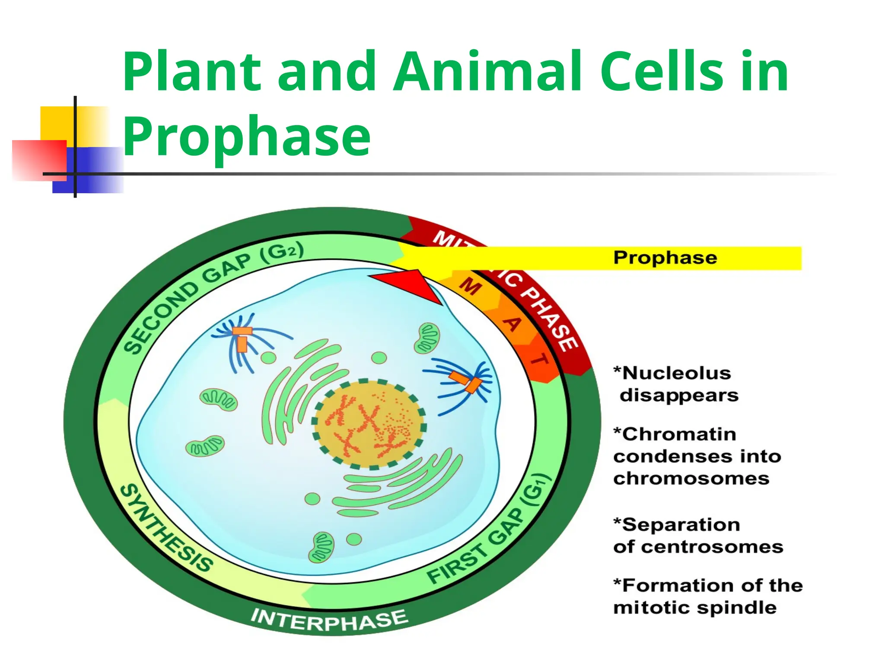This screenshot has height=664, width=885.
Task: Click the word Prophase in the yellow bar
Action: (665, 258)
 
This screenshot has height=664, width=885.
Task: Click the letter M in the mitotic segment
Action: (470, 286)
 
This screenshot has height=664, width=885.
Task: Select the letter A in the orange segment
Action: (513, 323)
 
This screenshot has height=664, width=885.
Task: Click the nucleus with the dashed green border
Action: (369, 424)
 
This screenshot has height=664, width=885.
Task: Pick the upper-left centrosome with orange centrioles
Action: (242, 339)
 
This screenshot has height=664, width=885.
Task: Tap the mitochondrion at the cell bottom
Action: (321, 547)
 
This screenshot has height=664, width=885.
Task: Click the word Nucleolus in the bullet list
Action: (676, 373)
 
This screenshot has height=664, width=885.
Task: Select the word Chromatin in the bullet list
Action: (679, 434)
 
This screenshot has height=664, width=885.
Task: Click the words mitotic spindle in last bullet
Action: (695, 608)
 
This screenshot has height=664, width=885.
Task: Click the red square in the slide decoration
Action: (39, 160)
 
